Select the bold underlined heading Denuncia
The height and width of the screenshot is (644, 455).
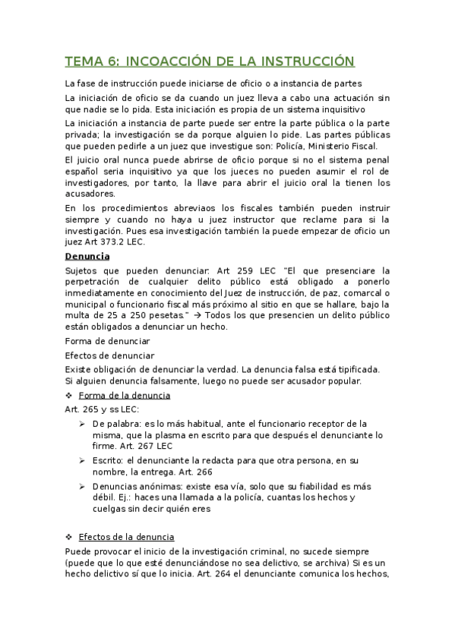click(x=87, y=257)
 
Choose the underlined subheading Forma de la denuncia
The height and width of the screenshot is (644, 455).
click(x=125, y=396)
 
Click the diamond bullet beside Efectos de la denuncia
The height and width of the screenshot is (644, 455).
click(x=69, y=535)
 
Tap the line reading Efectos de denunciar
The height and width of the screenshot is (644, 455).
click(x=110, y=355)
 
